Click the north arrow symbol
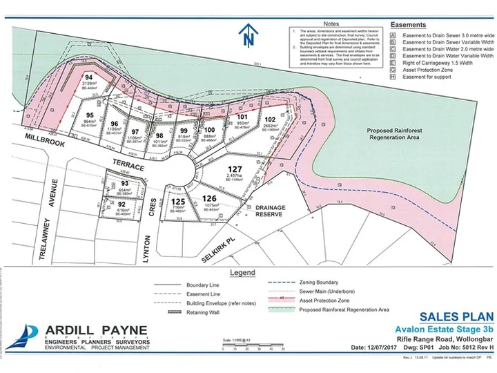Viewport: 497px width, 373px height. pos(246,35)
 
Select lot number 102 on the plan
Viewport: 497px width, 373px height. pos(269,119)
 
